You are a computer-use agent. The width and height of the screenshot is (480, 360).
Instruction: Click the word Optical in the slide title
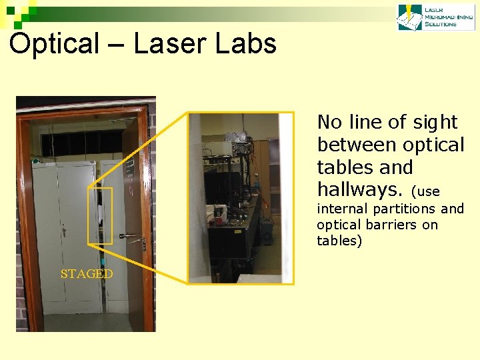pyautogui.click(x=54, y=44)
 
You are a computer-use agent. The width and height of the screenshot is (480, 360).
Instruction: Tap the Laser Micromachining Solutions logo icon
pyautogui.click(x=409, y=17)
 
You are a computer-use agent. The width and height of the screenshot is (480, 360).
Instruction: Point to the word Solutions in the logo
pyautogui.click(x=440, y=25)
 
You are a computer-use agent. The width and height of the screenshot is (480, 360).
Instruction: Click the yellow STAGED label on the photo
pyautogui.click(x=87, y=274)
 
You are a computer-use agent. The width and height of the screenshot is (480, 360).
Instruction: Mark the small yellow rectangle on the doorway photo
pyautogui.click(x=100, y=215)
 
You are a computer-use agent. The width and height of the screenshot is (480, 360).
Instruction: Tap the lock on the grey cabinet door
pyautogui.click(x=64, y=231)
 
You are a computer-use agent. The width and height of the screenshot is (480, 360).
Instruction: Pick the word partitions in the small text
pyautogui.click(x=406, y=209)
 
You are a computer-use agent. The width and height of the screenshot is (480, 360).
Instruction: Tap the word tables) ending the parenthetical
pyautogui.click(x=339, y=241)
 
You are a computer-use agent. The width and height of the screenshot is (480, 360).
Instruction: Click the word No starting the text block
pyautogui.click(x=329, y=123)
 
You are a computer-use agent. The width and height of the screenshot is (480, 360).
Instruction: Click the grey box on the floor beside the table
pyautogui.click(x=267, y=230)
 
